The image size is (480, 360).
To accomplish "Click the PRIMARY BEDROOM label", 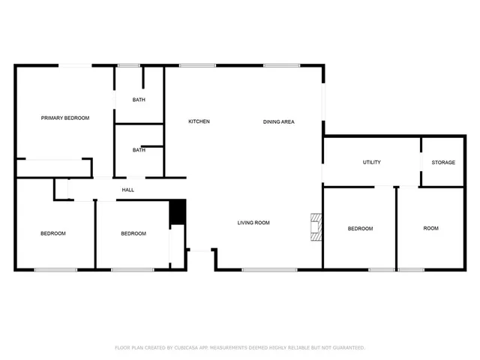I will (x=65, y=118).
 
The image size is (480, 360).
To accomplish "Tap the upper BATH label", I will (x=139, y=100).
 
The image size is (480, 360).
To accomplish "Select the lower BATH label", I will (x=139, y=150).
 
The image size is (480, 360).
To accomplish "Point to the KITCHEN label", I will (x=199, y=121).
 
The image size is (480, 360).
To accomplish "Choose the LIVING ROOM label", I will (x=253, y=223).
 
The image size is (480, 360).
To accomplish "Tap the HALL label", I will (x=128, y=190).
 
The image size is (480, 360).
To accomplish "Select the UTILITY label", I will (x=371, y=162).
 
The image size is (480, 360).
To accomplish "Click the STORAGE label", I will (x=443, y=162).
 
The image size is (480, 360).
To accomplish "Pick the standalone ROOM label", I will (x=430, y=228).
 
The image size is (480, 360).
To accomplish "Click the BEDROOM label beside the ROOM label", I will (x=360, y=228).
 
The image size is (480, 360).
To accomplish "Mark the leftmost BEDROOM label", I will (x=53, y=233).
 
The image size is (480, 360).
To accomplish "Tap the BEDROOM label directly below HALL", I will (x=133, y=233).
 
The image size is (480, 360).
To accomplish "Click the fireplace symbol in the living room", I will (x=316, y=227).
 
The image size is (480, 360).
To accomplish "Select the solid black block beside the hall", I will (x=177, y=211).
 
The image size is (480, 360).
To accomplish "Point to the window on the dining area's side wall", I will (x=323, y=101).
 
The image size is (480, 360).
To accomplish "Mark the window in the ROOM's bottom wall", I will (x=411, y=269).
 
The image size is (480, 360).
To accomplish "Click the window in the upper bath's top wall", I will (x=129, y=66).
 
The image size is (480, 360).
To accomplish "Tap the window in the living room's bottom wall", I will (x=264, y=269).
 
